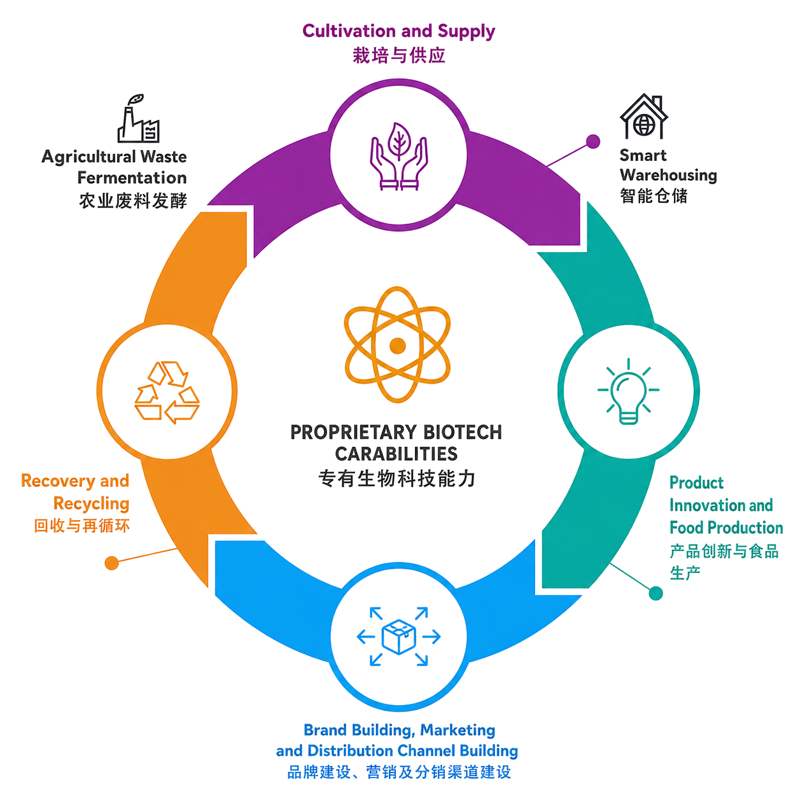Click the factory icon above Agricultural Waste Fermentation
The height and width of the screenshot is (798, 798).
click(138, 118)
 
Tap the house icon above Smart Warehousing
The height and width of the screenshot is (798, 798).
click(643, 116)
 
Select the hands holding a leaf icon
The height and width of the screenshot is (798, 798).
click(398, 157)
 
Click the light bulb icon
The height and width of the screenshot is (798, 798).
click(628, 391)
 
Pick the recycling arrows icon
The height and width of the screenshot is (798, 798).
click(167, 392)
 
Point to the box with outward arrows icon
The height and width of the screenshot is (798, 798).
click(398, 636)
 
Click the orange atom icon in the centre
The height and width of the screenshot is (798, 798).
click(397, 344)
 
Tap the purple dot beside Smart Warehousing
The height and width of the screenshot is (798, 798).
click(593, 142)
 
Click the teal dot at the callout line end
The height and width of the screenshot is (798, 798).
click(655, 593)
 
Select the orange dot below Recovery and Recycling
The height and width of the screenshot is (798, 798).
click(111, 563)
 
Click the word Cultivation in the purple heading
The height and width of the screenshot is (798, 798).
click(349, 31)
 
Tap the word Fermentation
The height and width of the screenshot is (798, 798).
click(132, 178)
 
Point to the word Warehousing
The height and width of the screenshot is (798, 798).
click(668, 176)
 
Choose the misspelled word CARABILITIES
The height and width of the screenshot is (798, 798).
click(396, 454)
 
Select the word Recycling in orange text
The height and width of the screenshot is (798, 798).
click(92, 504)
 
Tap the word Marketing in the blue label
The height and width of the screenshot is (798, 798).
click(458, 730)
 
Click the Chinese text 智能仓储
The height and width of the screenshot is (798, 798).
click(654, 196)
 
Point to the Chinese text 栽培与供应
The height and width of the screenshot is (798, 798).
click(399, 55)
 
